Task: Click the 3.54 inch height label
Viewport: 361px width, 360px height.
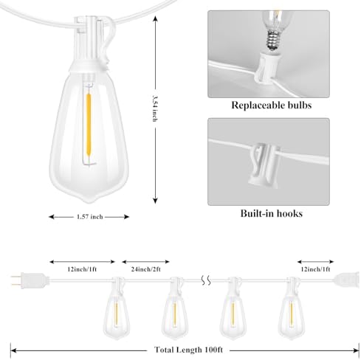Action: point(155,108)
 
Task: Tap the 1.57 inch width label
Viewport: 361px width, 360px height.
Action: point(89,217)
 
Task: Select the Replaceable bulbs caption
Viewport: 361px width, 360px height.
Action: point(271,105)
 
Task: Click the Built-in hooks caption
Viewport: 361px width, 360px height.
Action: point(271,213)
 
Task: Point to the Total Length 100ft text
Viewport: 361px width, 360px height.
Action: point(188,350)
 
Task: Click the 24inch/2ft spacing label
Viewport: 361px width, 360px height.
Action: point(145,269)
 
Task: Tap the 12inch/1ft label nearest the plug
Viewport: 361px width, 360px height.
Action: point(82,269)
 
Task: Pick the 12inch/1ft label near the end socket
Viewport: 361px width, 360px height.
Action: point(315,269)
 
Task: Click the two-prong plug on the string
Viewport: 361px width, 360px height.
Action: point(30,280)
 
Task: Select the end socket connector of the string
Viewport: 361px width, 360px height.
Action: point(346,280)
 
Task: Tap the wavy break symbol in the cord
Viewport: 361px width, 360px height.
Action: point(206,280)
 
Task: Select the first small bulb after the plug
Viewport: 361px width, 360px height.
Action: point(116,309)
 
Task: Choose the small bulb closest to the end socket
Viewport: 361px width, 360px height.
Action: point(291,309)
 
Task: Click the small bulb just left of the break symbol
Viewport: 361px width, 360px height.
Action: point(175,309)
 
